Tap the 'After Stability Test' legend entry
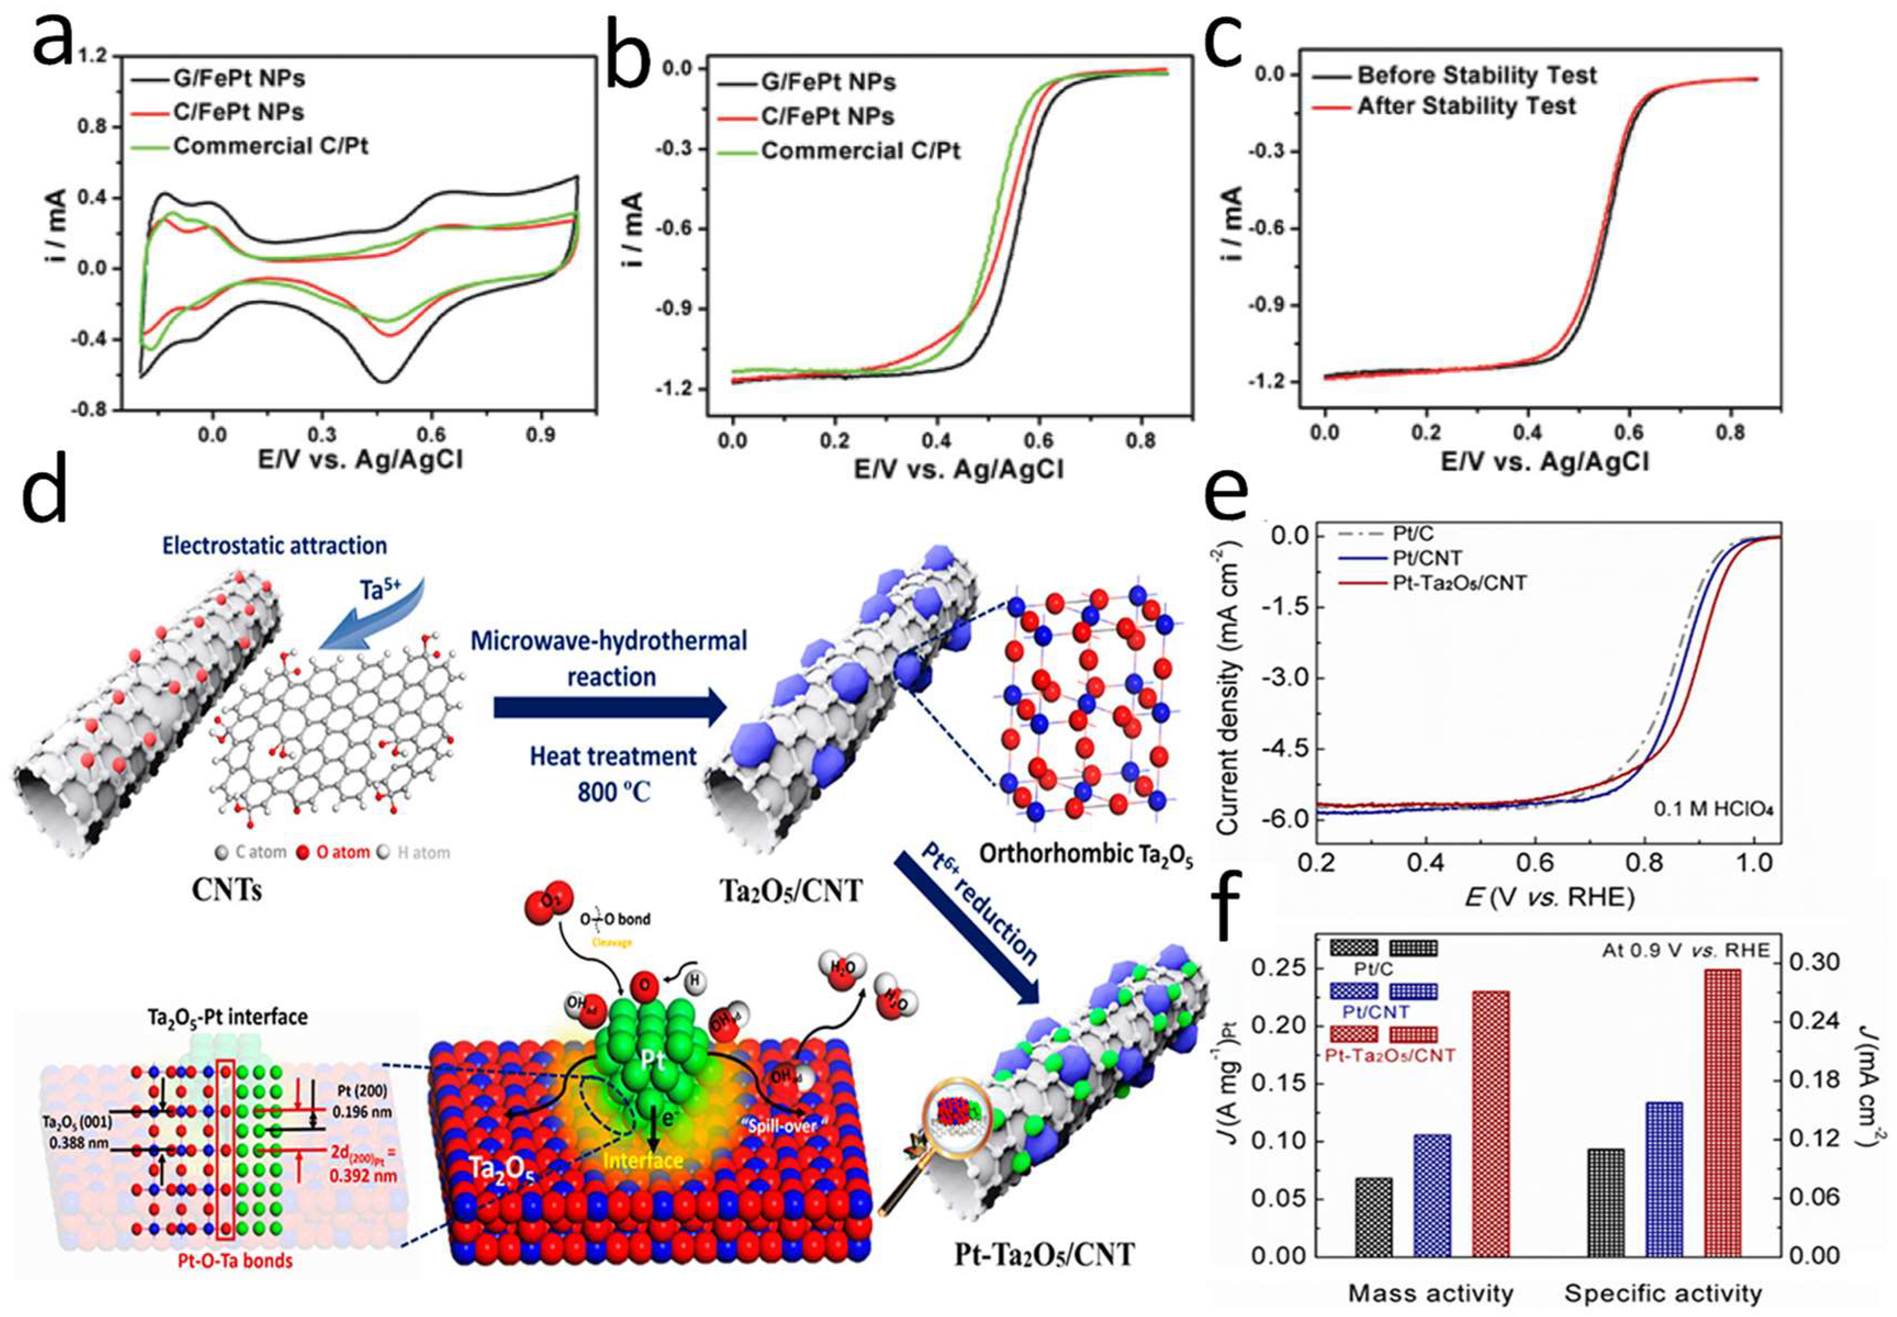coord(1466,107)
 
